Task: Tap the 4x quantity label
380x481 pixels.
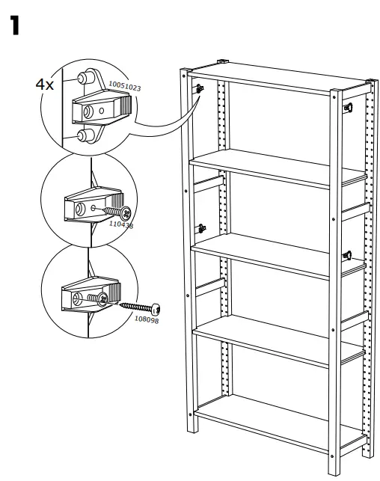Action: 45,84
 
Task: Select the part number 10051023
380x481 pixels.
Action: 123,87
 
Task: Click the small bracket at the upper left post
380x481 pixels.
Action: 200,89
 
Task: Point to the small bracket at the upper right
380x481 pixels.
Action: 348,108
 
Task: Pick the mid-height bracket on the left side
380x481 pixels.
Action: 200,227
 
